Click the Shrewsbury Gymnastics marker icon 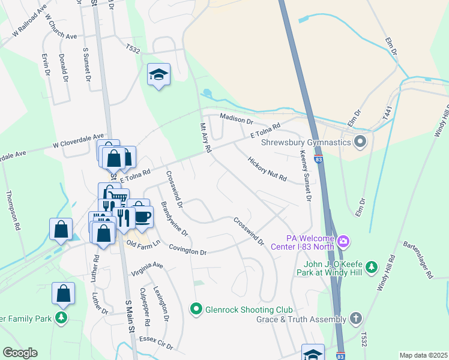[360, 142]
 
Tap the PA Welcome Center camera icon [343, 242]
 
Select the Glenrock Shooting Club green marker [196, 310]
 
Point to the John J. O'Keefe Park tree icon [372, 266]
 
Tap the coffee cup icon [142, 216]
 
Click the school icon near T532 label [158, 74]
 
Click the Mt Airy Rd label [205, 139]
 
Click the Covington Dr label [187, 250]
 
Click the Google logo [20, 353]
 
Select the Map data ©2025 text [423, 355]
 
